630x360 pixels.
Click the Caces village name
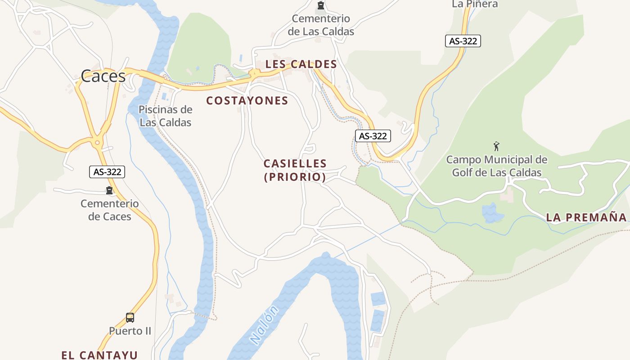tap(103, 76)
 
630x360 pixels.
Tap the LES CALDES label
tap(301, 64)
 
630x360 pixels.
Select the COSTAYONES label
tap(247, 101)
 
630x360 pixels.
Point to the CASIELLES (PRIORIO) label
tap(295, 170)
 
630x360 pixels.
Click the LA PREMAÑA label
tap(586, 218)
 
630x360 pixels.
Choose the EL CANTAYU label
tap(99, 355)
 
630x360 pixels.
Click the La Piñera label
tap(475, 4)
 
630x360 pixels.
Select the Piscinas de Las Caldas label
tap(166, 116)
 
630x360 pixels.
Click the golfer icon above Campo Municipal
tap(496, 146)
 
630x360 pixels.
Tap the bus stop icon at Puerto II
tap(130, 318)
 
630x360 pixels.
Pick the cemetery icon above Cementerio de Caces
tap(109, 190)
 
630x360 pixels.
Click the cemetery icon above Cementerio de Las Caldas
tap(320, 5)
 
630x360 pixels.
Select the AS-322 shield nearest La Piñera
tap(463, 41)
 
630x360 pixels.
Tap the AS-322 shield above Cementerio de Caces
tap(107, 171)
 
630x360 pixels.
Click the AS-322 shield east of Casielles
tap(373, 136)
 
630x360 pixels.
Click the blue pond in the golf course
tap(492, 213)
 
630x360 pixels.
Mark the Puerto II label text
tap(130, 331)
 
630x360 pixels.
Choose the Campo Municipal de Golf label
tap(497, 166)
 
